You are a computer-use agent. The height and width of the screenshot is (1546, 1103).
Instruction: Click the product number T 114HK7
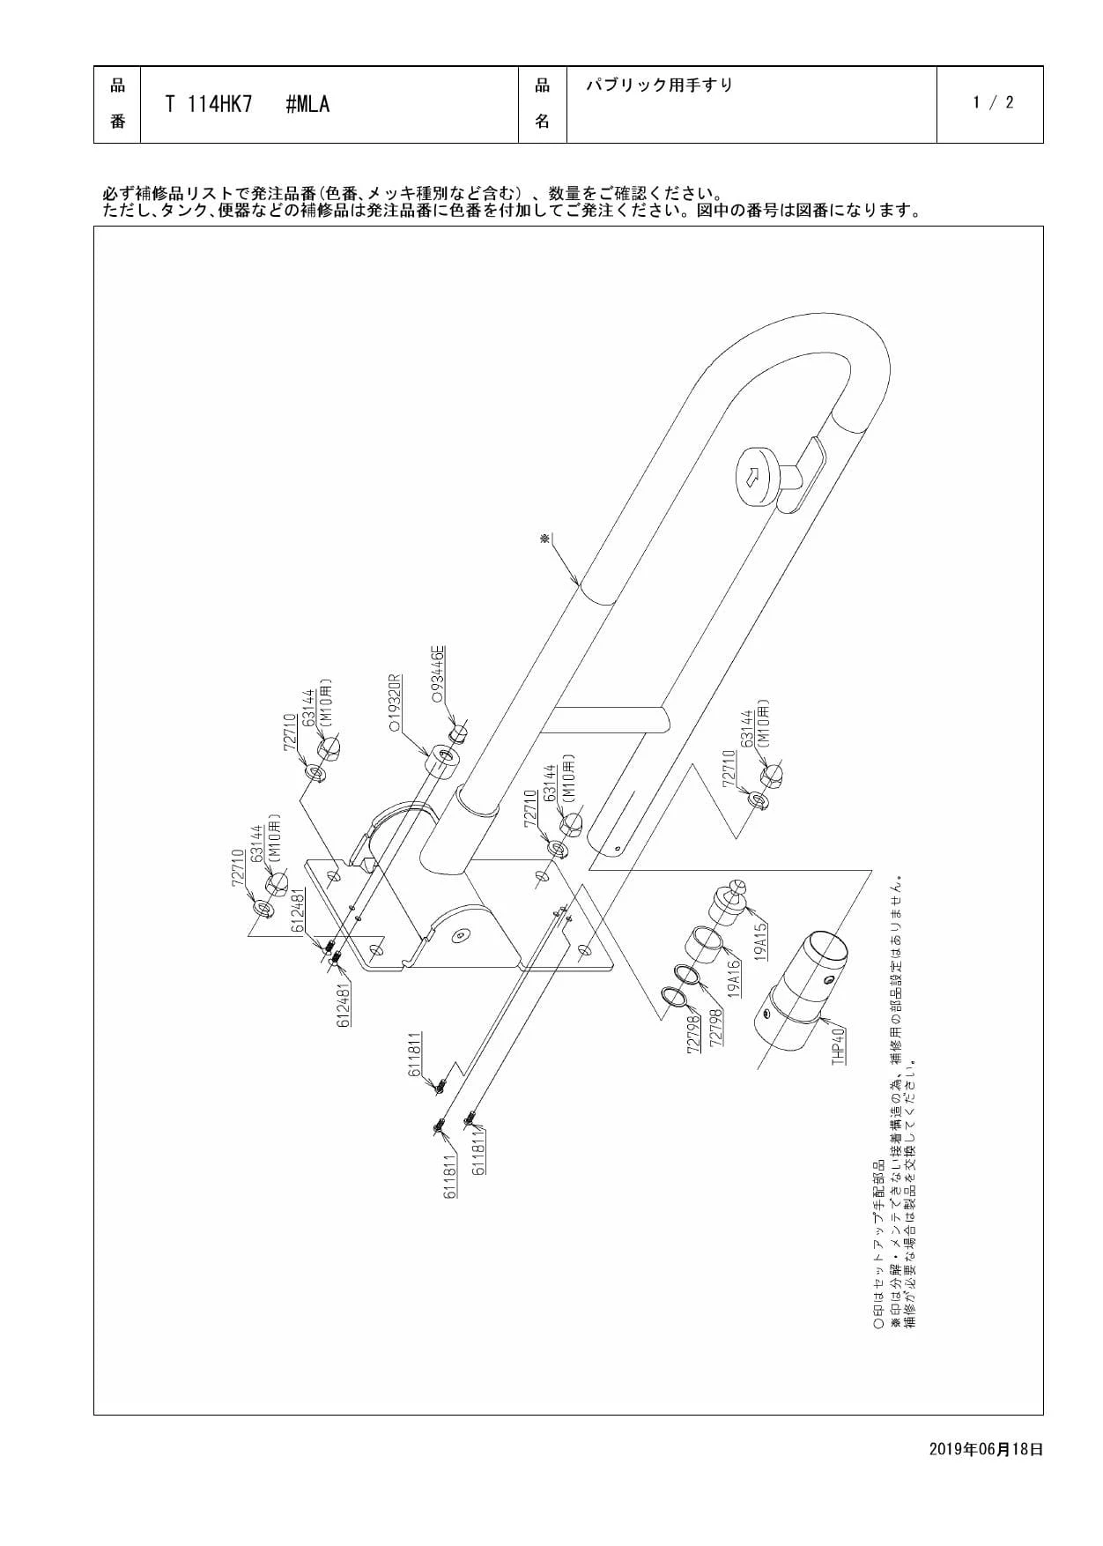click(209, 104)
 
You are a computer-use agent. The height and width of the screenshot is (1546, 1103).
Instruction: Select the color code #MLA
click(307, 104)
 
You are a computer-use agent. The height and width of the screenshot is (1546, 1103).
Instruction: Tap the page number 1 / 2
click(993, 102)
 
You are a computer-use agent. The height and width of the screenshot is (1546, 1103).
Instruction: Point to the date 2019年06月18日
click(986, 1448)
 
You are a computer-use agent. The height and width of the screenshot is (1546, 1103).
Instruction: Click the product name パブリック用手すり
click(660, 85)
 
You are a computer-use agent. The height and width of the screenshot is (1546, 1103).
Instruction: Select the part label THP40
click(838, 1044)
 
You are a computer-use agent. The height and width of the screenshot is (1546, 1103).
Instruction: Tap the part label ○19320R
click(396, 704)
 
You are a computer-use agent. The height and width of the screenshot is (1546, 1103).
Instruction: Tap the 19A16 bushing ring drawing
click(704, 944)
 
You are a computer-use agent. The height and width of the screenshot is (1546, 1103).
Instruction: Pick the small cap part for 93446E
click(457, 733)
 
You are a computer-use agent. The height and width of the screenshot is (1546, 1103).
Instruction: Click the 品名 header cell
click(543, 104)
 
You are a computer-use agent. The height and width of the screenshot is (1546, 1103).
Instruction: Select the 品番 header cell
click(117, 104)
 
